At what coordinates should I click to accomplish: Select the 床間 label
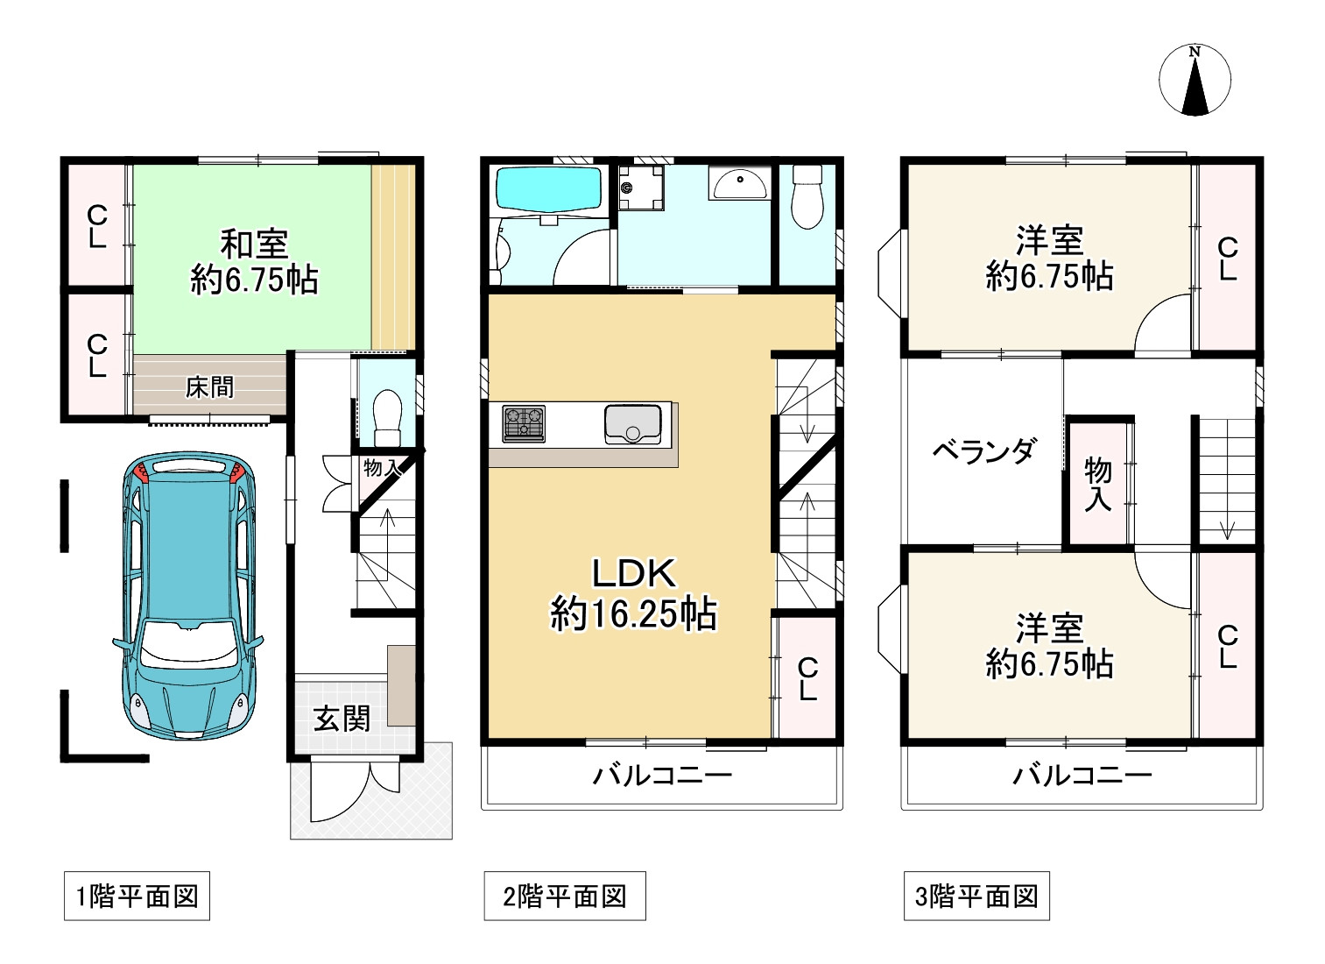[210, 386]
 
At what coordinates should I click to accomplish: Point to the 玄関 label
[342, 719]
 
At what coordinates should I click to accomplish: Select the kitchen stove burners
[523, 423]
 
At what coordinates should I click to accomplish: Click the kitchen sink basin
[631, 423]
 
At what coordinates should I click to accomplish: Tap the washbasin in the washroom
[739, 184]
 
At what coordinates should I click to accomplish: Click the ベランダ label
[983, 451]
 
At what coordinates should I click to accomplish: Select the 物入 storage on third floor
[1097, 483]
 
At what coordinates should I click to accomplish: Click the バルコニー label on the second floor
[662, 775]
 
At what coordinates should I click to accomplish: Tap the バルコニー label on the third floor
[1082, 775]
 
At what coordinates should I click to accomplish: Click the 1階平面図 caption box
[137, 896]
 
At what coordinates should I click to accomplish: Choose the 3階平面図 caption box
[976, 896]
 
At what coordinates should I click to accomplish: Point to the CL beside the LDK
[807, 679]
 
